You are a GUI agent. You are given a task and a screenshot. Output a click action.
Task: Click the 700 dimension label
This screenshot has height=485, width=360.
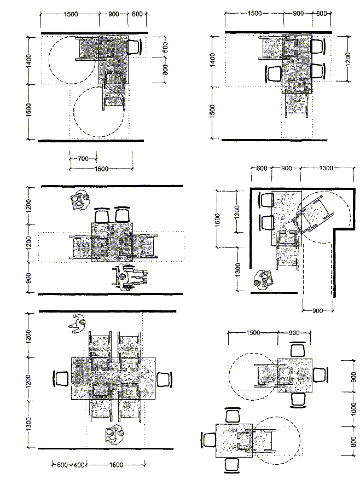coord(83,159)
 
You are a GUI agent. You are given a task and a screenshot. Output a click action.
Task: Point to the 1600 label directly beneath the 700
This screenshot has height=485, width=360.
coord(101,169)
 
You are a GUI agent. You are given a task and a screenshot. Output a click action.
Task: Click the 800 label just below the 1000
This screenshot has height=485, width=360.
coord(353,441)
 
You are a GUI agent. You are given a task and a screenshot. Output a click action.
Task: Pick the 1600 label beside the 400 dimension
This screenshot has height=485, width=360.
coord(117,465)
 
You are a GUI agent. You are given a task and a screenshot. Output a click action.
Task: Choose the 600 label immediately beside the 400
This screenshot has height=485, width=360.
coord(62,465)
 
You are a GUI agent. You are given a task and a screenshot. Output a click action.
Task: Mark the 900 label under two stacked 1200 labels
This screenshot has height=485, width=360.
coord(28,278)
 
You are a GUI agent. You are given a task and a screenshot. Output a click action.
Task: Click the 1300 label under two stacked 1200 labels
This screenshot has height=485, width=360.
coord(28,424)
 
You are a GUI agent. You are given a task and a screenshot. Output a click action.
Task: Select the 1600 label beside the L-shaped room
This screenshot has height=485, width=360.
coord(217,219)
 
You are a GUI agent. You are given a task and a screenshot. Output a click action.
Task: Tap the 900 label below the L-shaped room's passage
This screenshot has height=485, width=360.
coord(318,310)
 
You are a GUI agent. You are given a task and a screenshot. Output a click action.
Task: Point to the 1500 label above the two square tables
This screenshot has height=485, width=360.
coord(253,332)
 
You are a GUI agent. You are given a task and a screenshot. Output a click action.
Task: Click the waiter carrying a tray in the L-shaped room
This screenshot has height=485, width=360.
coord(264,280)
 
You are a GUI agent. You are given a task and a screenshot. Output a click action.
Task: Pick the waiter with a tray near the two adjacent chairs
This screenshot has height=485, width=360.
coord(79,200)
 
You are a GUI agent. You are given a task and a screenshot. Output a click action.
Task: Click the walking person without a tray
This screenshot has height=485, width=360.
coord(77,324)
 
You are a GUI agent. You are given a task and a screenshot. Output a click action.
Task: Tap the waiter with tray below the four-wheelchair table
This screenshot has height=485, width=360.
coord(115,434)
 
